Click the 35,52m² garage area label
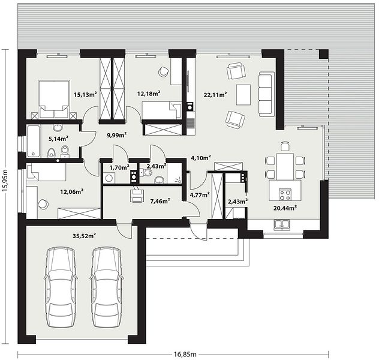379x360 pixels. point(85,236)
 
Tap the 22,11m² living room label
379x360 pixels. point(215,95)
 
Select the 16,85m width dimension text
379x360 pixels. point(185,355)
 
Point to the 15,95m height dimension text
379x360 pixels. point(5,181)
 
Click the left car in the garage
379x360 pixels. point(61,287)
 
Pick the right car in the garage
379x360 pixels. point(107,287)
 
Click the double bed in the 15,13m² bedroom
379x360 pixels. point(54,100)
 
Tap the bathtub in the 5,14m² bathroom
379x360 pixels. point(34,141)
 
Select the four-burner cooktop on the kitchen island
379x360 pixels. point(285,194)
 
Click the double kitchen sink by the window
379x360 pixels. point(282,225)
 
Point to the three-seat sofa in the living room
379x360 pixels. point(267,94)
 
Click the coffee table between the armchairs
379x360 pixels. point(243,95)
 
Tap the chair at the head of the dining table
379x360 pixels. point(285,146)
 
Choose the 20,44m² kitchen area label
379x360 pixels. point(285,208)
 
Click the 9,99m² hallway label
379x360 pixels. point(117,135)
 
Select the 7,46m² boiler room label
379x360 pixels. point(160,201)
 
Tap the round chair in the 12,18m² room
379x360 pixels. point(163,71)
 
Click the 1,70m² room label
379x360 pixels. point(119,167)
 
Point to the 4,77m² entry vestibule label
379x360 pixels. point(200,194)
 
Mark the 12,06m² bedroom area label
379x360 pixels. point(72,192)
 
